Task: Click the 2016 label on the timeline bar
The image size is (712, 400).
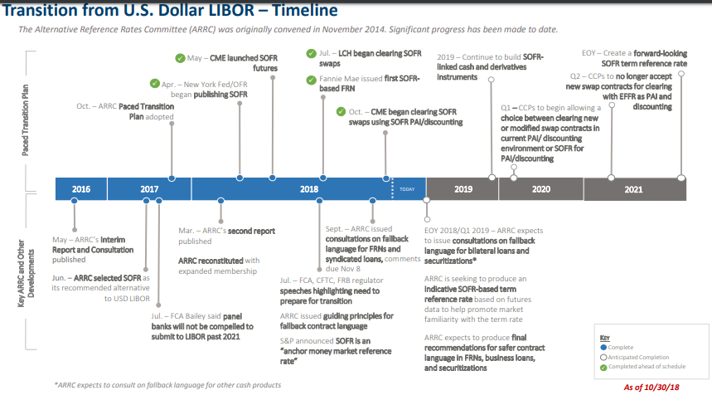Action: pyautogui.click(x=81, y=189)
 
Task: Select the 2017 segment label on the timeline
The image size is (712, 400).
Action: pyautogui.click(x=149, y=189)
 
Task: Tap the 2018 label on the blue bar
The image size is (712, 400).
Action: pyautogui.click(x=309, y=189)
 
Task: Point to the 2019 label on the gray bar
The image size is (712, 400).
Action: pyautogui.click(x=463, y=189)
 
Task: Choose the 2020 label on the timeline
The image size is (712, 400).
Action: pyautogui.click(x=541, y=189)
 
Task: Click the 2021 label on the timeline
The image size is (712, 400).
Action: pyautogui.click(x=633, y=189)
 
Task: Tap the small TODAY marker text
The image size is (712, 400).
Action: pyautogui.click(x=407, y=189)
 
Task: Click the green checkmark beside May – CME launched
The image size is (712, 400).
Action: pyautogui.click(x=180, y=57)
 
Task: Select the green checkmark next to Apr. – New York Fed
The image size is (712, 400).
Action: pyautogui.click(x=155, y=84)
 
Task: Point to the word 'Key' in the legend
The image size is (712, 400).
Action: pyautogui.click(x=603, y=338)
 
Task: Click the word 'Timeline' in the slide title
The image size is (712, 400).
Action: pyautogui.click(x=294, y=10)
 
